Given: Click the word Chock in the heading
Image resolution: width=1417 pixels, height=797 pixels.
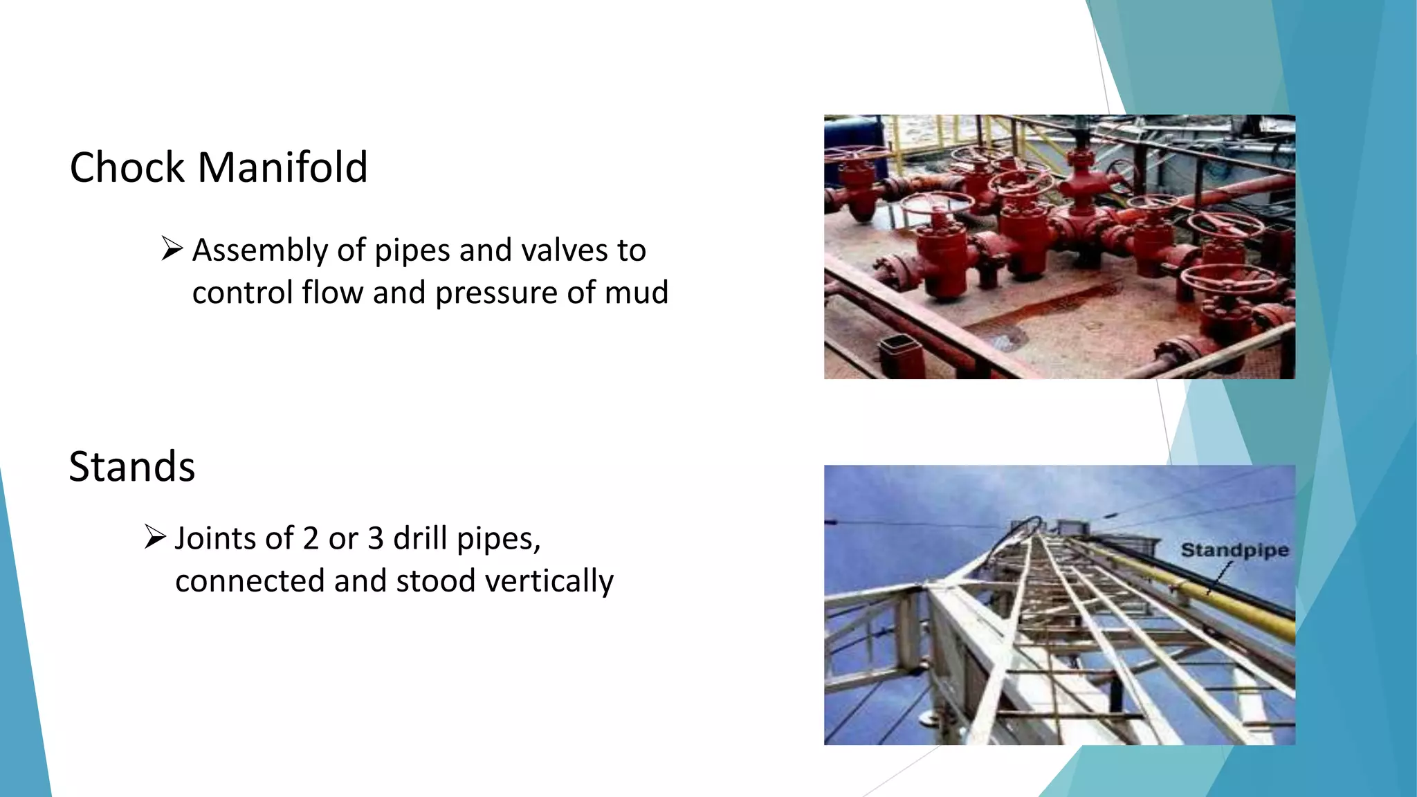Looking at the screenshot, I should coord(127,167).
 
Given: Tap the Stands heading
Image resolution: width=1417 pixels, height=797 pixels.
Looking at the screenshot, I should coord(132,466).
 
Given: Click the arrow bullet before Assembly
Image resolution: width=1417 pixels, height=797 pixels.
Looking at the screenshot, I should coord(172,248).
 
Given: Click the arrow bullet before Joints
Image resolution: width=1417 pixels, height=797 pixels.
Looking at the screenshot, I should coord(154,537).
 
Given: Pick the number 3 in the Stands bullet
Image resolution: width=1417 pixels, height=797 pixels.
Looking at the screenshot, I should coord(375,538).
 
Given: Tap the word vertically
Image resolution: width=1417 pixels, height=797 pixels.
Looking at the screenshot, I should coord(549,581).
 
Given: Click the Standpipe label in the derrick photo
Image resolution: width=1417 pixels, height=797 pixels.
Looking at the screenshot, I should coord(1234,551).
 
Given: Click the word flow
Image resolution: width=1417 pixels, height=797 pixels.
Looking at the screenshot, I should coord(332,292).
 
